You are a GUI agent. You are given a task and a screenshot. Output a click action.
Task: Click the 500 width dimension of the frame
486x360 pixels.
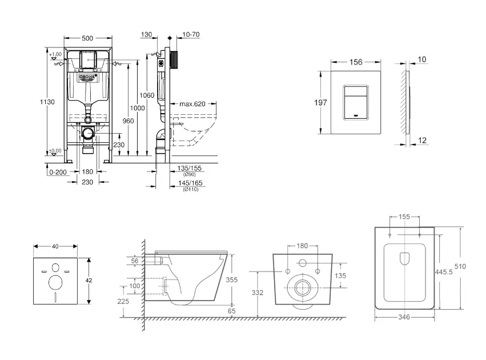87,38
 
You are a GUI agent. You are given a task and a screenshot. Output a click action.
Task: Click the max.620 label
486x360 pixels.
192,104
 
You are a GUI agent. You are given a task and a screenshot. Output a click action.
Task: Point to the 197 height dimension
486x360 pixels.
320,103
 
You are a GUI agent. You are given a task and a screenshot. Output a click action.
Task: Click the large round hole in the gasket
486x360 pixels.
55,283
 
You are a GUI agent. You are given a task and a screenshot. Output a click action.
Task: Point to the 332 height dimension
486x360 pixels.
258,293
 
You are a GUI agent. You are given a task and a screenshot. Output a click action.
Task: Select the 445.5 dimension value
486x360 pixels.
448,273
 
